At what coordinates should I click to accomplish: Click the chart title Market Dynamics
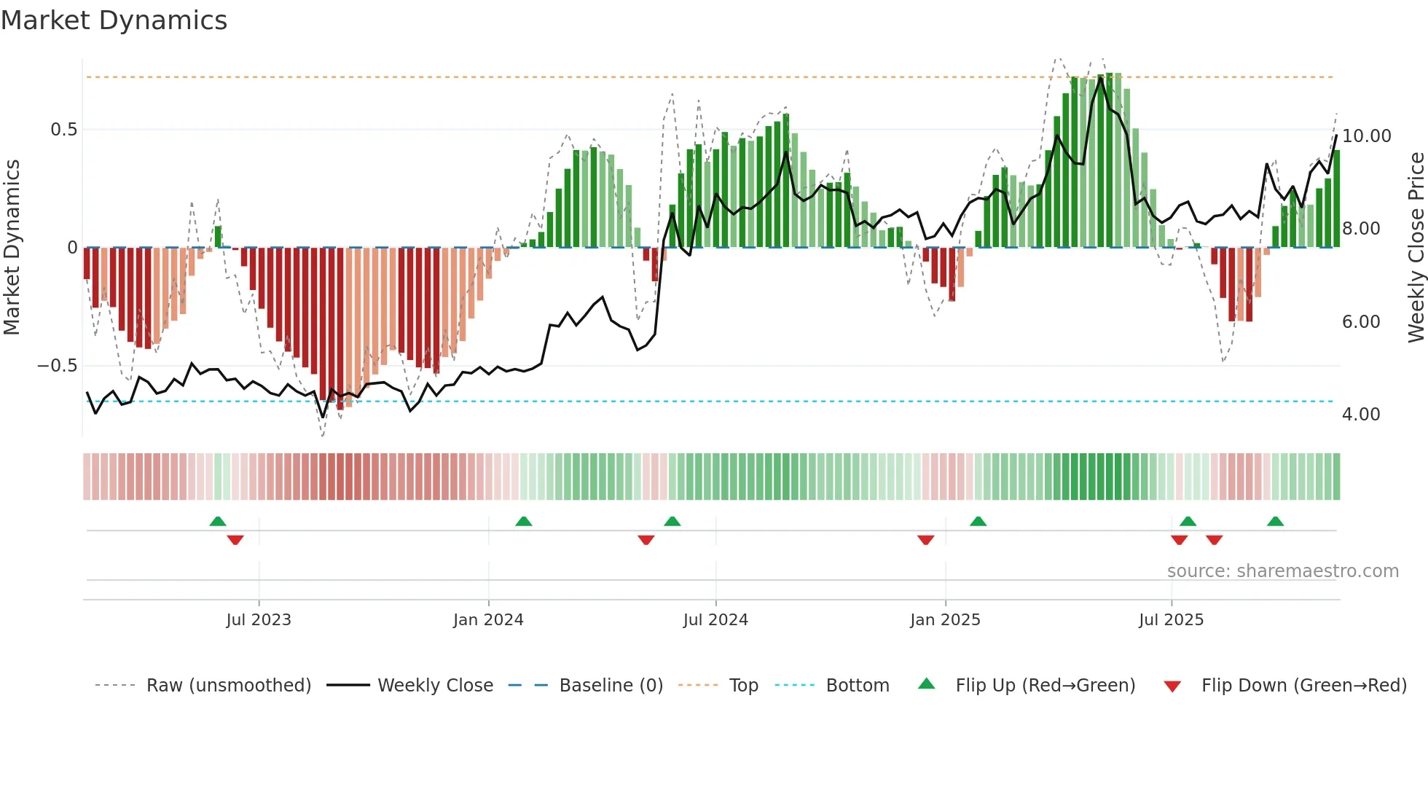click(x=114, y=20)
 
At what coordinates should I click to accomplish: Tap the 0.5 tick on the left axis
click(x=63, y=130)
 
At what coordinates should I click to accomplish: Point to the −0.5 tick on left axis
click(x=57, y=366)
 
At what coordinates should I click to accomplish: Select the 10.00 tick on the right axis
click(x=1366, y=136)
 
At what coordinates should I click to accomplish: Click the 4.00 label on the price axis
click(x=1360, y=415)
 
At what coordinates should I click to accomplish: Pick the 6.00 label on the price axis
click(x=1360, y=322)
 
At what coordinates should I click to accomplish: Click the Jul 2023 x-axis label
click(x=258, y=620)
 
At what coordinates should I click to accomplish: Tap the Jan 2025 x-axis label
click(x=945, y=620)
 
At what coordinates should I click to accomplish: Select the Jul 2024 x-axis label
click(x=715, y=620)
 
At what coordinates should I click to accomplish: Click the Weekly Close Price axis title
click(x=1416, y=248)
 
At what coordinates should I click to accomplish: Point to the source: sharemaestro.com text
click(x=1282, y=571)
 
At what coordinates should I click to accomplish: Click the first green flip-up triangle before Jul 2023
click(x=218, y=521)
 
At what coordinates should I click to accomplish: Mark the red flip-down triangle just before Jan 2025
click(x=925, y=540)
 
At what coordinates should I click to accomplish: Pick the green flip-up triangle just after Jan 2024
click(x=523, y=521)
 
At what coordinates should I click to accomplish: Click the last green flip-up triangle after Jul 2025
click(x=1275, y=521)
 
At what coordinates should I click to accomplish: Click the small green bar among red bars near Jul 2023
click(x=219, y=237)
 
